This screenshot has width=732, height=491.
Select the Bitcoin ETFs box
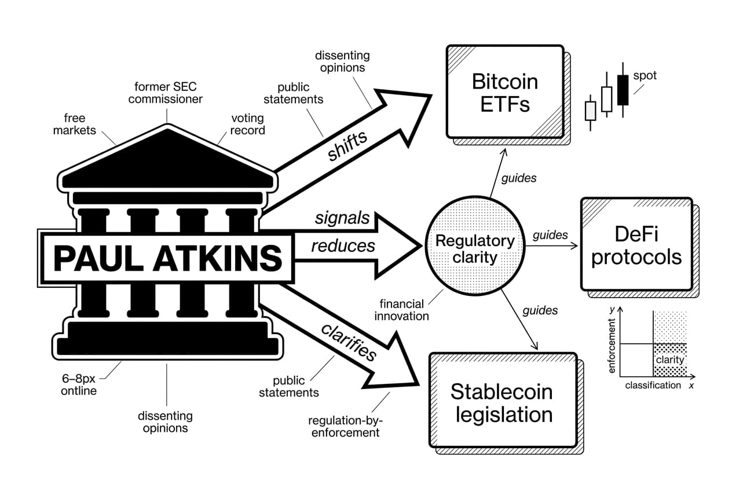tap(504, 91)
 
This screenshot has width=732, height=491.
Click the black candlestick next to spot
tap(623, 90)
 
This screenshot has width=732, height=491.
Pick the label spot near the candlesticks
tap(645, 75)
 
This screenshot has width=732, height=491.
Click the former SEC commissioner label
tap(166, 93)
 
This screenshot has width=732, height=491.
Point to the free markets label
tap(75, 124)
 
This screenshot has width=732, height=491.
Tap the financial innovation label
tap(401, 310)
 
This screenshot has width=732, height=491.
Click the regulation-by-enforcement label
tap(345, 426)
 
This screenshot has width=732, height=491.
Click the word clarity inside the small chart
tap(669, 359)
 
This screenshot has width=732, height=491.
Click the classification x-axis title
tap(653, 385)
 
